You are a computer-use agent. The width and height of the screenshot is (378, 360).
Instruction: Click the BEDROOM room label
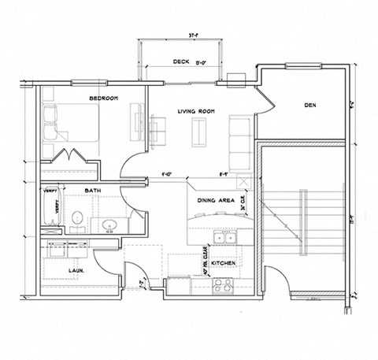(103, 98)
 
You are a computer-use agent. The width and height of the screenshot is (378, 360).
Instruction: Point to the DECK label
(183, 61)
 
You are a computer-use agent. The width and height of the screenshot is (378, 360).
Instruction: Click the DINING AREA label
(216, 200)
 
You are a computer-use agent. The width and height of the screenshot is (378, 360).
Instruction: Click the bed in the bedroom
(74, 124)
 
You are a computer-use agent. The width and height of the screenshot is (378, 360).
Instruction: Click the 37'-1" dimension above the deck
(194, 35)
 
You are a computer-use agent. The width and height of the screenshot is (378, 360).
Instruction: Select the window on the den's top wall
(301, 65)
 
